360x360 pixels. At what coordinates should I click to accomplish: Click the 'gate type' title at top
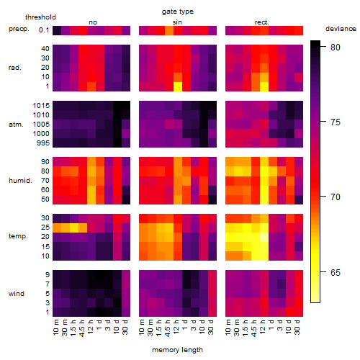pyautogui.click(x=178, y=12)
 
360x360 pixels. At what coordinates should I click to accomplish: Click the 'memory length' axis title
pyautogui.click(x=177, y=350)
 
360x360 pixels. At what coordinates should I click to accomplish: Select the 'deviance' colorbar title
pyautogui.click(x=341, y=29)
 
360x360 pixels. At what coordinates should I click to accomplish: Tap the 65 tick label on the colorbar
pyautogui.click(x=336, y=272)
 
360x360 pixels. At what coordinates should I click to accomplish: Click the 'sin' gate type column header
pyautogui.click(x=177, y=22)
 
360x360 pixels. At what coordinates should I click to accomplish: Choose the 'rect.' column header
pyautogui.click(x=262, y=22)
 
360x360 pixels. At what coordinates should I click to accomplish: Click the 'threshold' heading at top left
pyautogui.click(x=40, y=17)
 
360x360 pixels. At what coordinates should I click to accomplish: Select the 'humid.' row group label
pyautogui.click(x=20, y=181)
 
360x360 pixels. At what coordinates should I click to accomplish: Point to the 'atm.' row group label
pyautogui.click(x=16, y=125)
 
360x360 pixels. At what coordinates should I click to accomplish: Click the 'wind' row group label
pyautogui.click(x=17, y=294)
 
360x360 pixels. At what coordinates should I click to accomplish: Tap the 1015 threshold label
pyautogui.click(x=41, y=106)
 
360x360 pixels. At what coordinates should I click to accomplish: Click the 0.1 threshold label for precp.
pyautogui.click(x=44, y=30)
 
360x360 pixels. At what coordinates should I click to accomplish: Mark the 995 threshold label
pyautogui.click(x=43, y=143)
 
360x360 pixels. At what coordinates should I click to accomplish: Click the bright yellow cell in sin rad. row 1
pyautogui.click(x=178, y=86)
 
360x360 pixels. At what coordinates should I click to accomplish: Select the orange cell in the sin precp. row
pyautogui.click(x=169, y=31)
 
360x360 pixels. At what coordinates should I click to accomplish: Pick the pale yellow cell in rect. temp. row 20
pyautogui.click(x=264, y=237)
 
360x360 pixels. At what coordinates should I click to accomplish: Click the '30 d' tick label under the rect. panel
pyautogui.click(x=297, y=328)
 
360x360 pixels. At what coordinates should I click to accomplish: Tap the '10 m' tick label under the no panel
pyautogui.click(x=55, y=328)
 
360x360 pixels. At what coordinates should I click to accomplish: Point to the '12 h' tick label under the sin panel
pyautogui.click(x=176, y=328)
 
